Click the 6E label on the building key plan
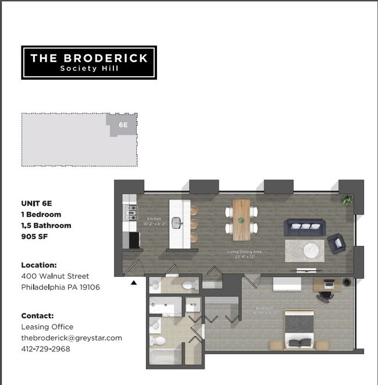[x=123, y=124]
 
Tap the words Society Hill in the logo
[x=88, y=69]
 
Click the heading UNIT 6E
[x=40, y=204]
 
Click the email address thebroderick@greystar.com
[x=72, y=338]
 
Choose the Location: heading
[x=39, y=265]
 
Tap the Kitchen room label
[x=154, y=219]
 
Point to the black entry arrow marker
[x=134, y=283]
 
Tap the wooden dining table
[x=241, y=220]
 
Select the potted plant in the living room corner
[x=348, y=201]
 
